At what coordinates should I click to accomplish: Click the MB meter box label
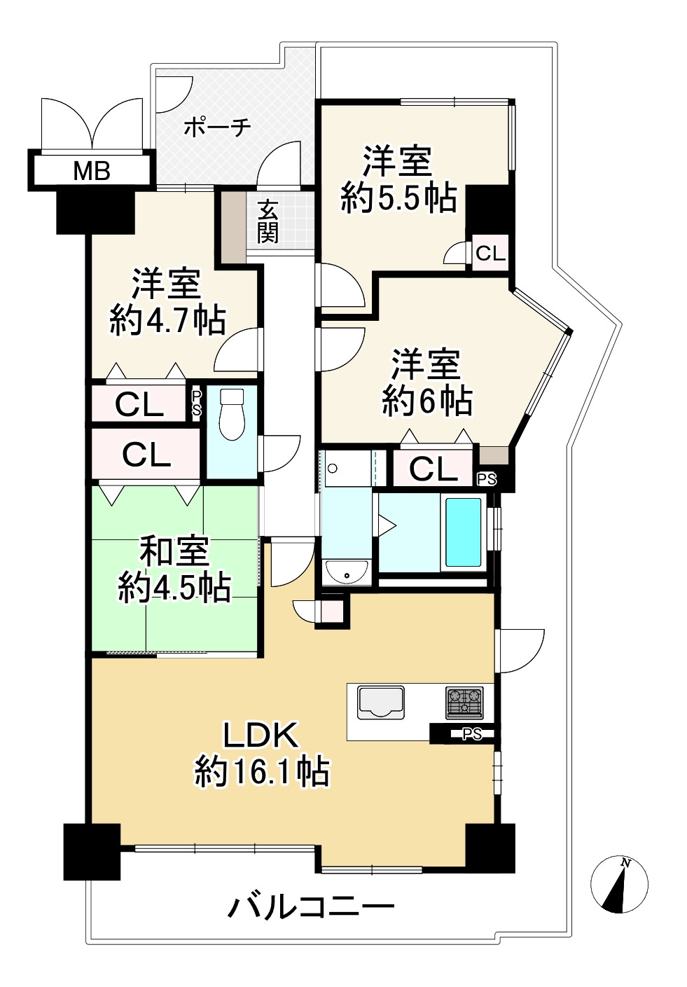[92, 171]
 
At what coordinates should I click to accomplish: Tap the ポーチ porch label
[217, 127]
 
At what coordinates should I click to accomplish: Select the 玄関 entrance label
[268, 221]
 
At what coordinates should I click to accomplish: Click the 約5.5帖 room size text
[398, 198]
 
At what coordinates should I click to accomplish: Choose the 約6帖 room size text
[427, 401]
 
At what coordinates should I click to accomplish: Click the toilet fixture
[232, 414]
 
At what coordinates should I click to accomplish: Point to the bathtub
[463, 532]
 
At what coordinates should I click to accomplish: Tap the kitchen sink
[381, 702]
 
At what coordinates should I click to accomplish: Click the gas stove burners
[464, 702]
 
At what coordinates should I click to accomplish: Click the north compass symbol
[619, 884]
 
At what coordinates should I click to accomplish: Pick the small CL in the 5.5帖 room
[490, 254]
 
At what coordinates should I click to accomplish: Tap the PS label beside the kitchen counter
[471, 734]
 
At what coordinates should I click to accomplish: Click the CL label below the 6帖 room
[433, 470]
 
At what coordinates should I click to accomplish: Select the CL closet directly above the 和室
[146, 455]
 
